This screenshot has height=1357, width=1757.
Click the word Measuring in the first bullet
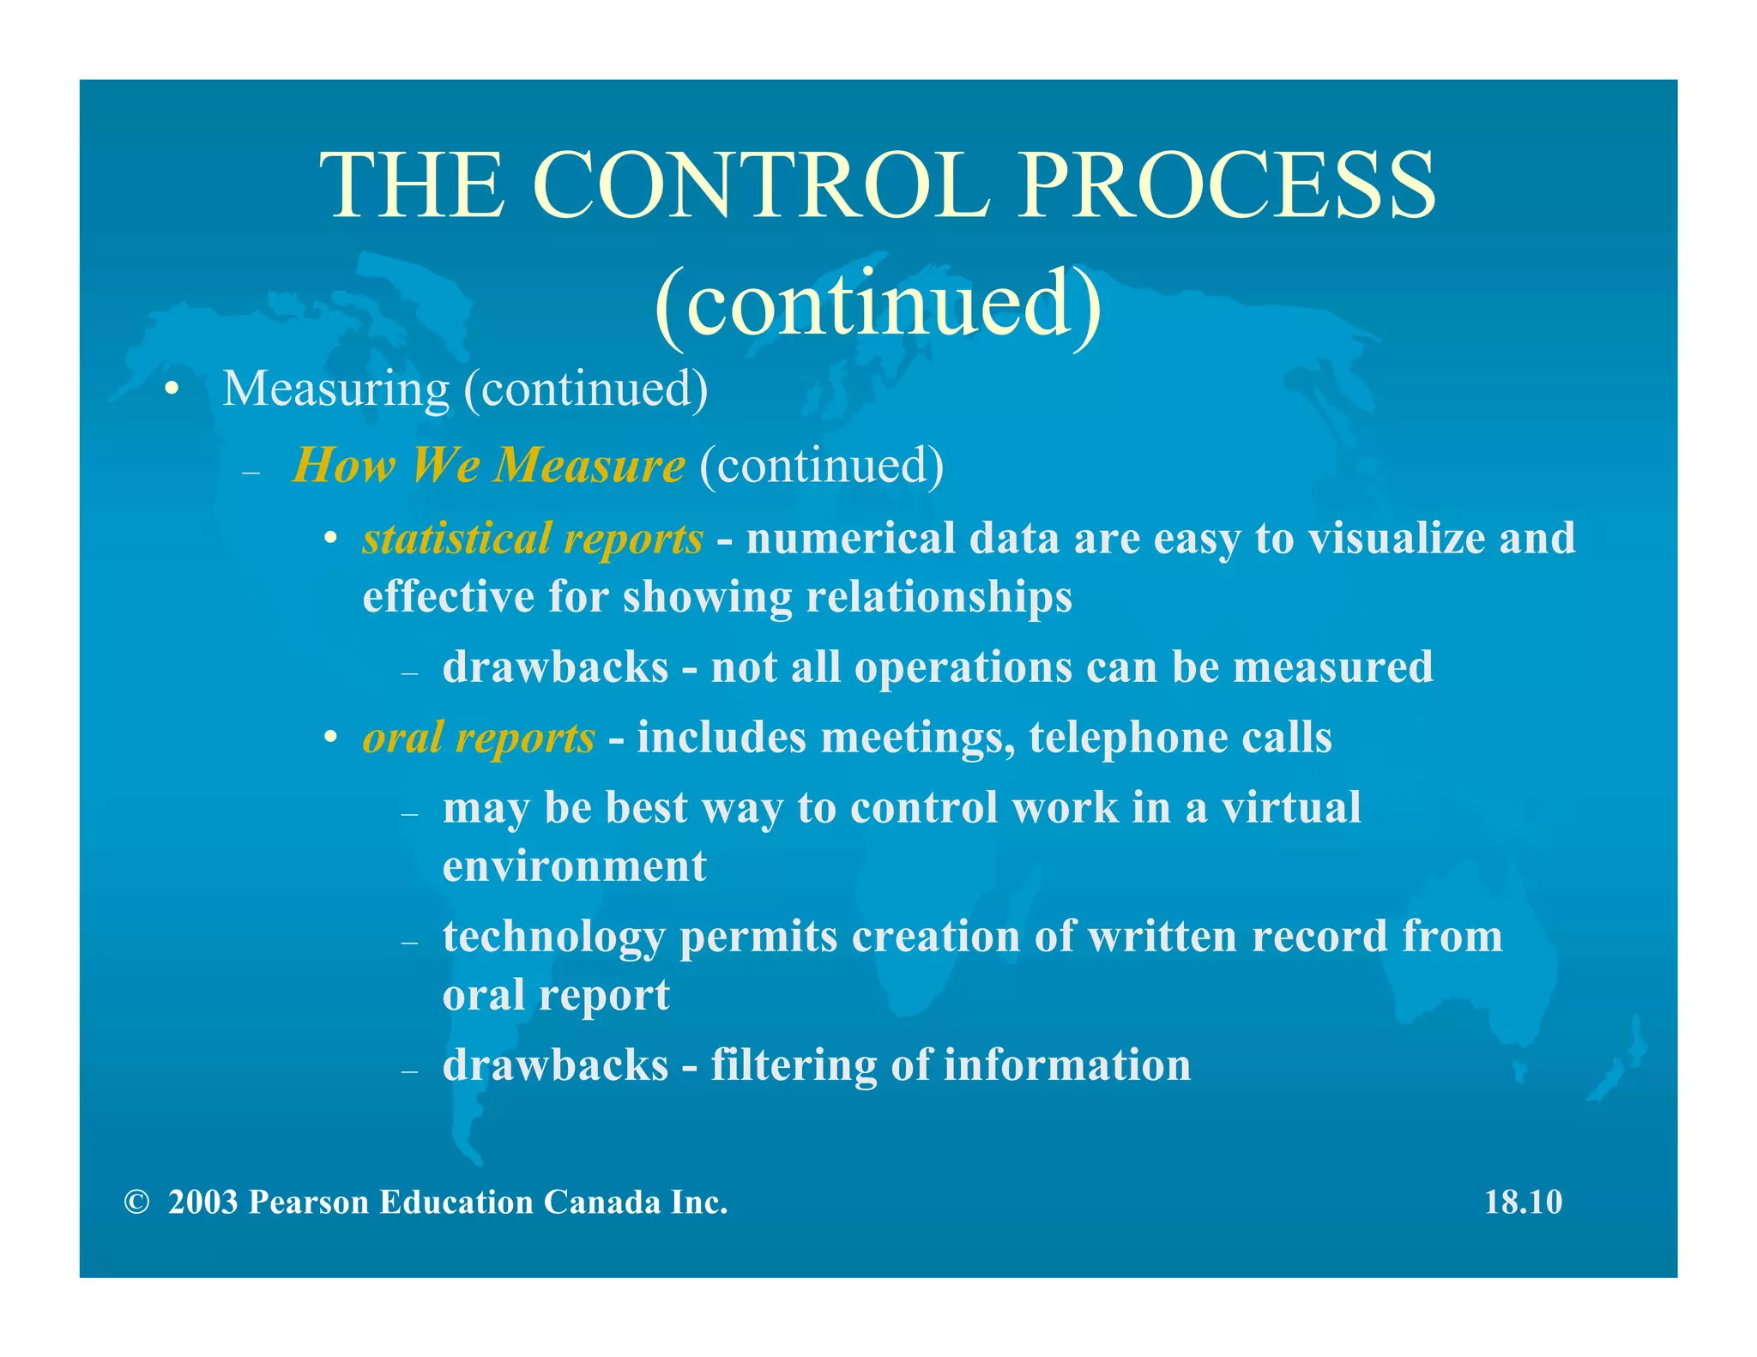(x=335, y=389)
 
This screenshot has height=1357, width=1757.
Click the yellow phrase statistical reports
(x=533, y=539)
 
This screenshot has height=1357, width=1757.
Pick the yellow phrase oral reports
(x=478, y=738)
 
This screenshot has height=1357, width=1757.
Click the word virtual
(x=1290, y=807)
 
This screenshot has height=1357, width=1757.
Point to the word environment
(x=574, y=865)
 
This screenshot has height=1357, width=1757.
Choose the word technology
(x=553, y=937)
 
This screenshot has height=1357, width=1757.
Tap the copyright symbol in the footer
(x=136, y=1202)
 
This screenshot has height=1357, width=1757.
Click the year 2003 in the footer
(x=202, y=1202)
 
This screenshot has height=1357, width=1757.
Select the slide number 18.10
(x=1523, y=1202)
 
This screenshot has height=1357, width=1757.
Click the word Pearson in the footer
(x=308, y=1202)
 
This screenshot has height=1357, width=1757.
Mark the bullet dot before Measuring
(x=172, y=389)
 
